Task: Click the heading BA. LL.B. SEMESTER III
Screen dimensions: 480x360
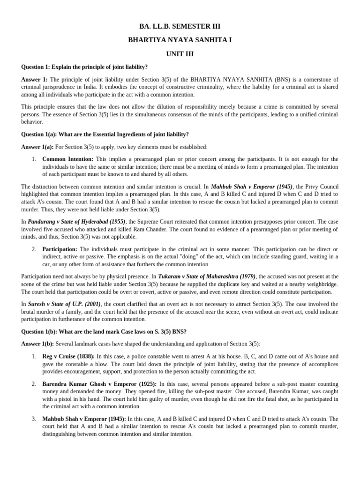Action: pos(180,26)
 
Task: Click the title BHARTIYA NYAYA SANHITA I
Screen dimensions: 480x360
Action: pos(180,40)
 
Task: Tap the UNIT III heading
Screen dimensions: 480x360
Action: pos(180,54)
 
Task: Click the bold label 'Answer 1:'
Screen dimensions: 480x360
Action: pos(35,80)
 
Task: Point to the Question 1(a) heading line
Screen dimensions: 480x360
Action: pos(105,134)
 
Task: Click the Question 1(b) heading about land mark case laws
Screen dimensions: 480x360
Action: pos(104,331)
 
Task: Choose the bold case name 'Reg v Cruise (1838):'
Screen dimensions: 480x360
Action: pos(68,356)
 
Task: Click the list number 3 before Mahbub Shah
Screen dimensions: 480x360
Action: pos(34,419)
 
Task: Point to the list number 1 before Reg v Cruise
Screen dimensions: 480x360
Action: pos(34,356)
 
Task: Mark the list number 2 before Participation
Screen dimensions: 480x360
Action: pos(34,249)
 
